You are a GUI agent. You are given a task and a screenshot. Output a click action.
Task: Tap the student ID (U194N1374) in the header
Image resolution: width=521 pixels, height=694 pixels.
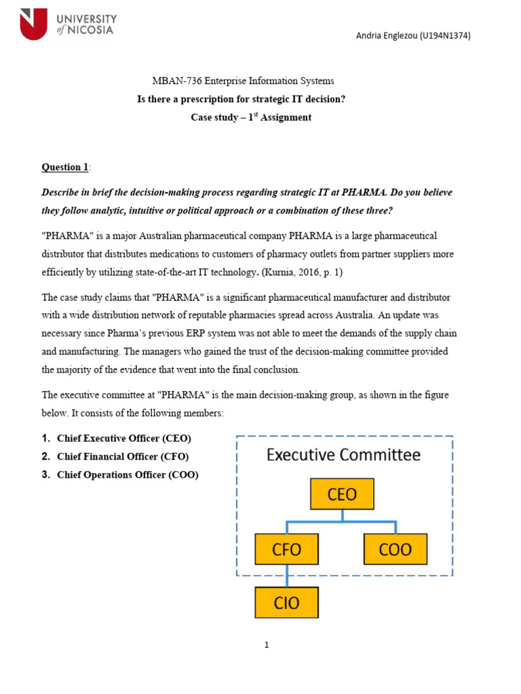(445, 36)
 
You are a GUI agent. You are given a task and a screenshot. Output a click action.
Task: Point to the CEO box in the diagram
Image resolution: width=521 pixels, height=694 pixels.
(342, 494)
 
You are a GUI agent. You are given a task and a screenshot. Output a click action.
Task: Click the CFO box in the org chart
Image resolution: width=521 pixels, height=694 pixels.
(287, 549)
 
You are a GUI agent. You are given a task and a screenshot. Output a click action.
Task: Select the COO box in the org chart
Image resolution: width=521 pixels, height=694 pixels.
(396, 549)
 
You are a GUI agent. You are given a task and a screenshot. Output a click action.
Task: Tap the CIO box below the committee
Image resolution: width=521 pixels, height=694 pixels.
(287, 603)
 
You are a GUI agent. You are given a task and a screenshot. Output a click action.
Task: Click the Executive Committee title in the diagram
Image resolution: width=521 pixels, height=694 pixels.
(343, 455)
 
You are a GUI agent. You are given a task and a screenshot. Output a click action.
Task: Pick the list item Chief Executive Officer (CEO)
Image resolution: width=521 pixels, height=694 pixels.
(124, 438)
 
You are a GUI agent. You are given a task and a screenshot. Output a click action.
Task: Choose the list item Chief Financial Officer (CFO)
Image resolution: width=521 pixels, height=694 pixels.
(123, 457)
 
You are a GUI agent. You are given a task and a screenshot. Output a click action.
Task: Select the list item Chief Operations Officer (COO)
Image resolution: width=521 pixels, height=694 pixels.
(128, 475)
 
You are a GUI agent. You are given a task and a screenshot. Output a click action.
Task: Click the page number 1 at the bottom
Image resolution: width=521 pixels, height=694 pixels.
(267, 645)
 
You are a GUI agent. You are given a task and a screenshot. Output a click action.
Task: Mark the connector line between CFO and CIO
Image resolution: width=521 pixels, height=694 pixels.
(287, 575)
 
